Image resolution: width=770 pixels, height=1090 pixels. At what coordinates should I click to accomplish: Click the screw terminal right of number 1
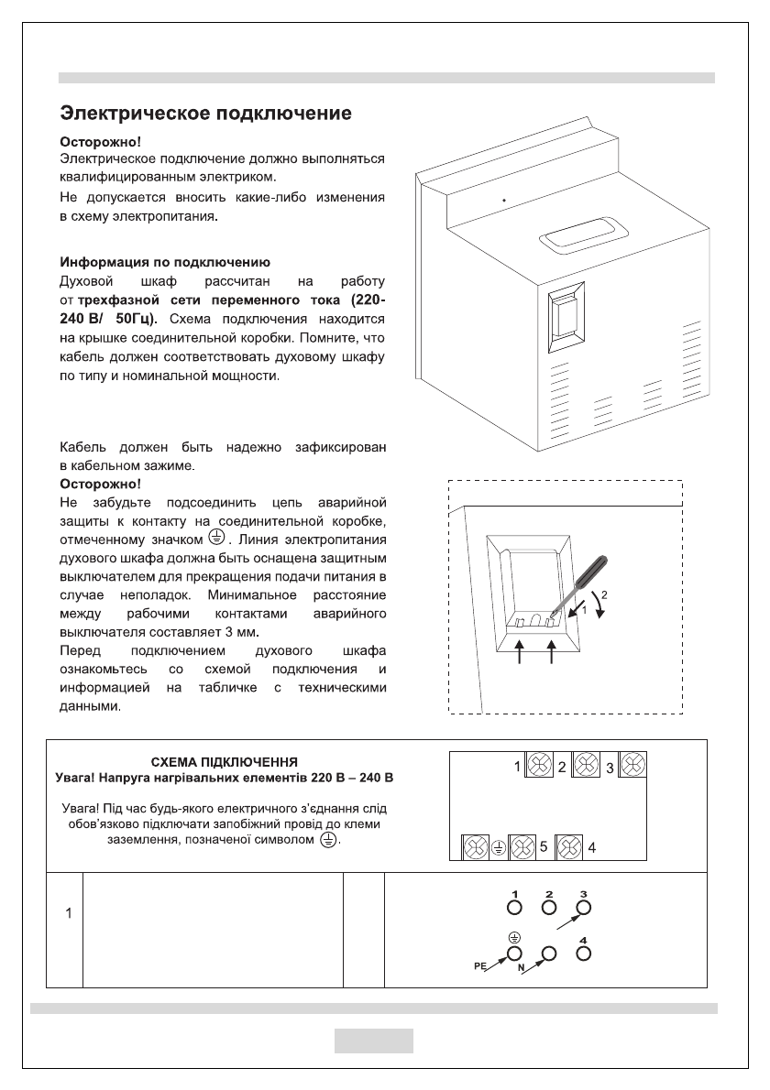point(539,766)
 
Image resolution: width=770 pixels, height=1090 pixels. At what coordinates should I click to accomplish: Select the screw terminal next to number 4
point(571,846)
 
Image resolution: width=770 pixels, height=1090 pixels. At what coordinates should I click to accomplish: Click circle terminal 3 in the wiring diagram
point(582,908)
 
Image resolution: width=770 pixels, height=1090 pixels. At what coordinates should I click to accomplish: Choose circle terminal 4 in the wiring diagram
point(583,954)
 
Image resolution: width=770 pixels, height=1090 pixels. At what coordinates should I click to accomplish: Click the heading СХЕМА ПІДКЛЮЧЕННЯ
point(225,762)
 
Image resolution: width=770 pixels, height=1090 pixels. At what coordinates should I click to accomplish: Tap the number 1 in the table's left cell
point(66,914)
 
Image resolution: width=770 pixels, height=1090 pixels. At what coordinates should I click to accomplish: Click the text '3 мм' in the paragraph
point(241,632)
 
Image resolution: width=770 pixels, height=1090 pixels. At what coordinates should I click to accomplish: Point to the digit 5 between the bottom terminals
point(544,846)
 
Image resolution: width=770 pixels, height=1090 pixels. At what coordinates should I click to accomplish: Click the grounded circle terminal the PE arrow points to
point(513,954)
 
